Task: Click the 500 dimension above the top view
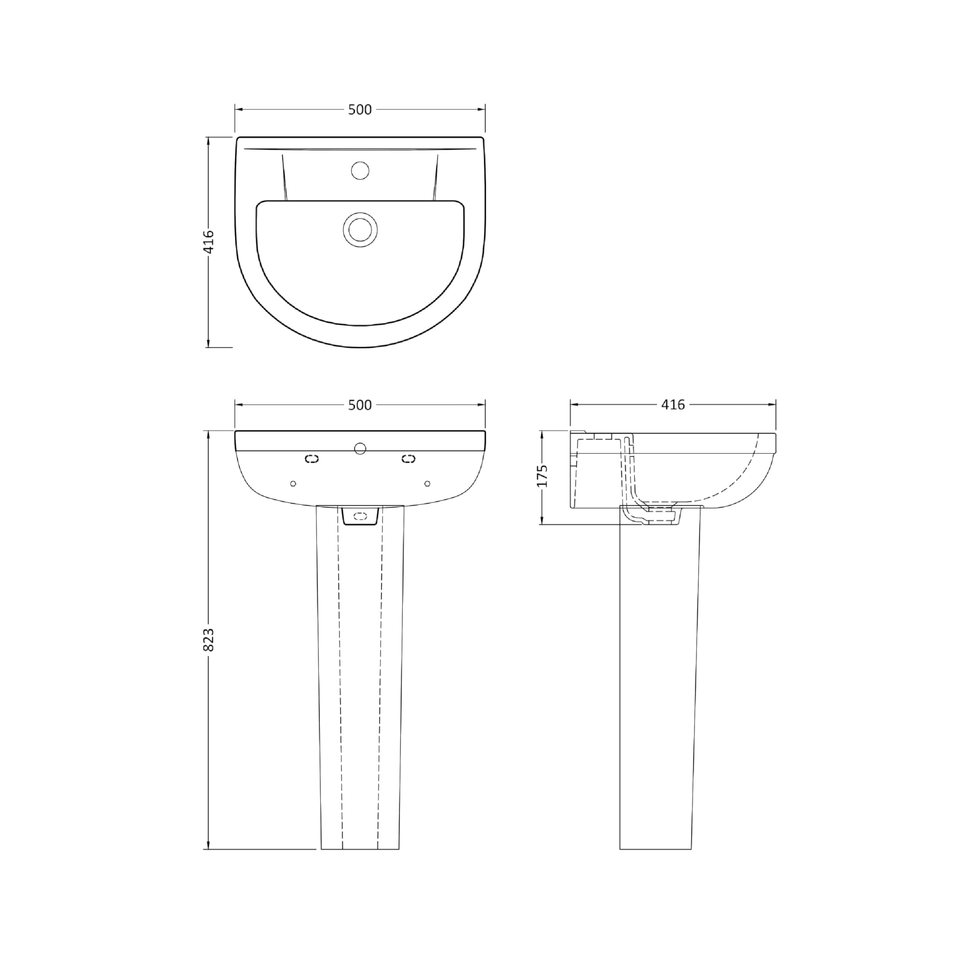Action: pyautogui.click(x=360, y=110)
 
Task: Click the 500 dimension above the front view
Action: pyautogui.click(x=360, y=405)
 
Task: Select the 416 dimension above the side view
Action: pyautogui.click(x=673, y=404)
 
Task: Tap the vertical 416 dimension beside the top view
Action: pyautogui.click(x=209, y=242)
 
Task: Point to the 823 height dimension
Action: pyautogui.click(x=209, y=640)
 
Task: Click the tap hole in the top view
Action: pyautogui.click(x=360, y=170)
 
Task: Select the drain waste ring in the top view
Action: pyautogui.click(x=360, y=229)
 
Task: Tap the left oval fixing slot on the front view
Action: pyautogui.click(x=312, y=459)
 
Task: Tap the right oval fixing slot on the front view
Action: pyautogui.click(x=408, y=459)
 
